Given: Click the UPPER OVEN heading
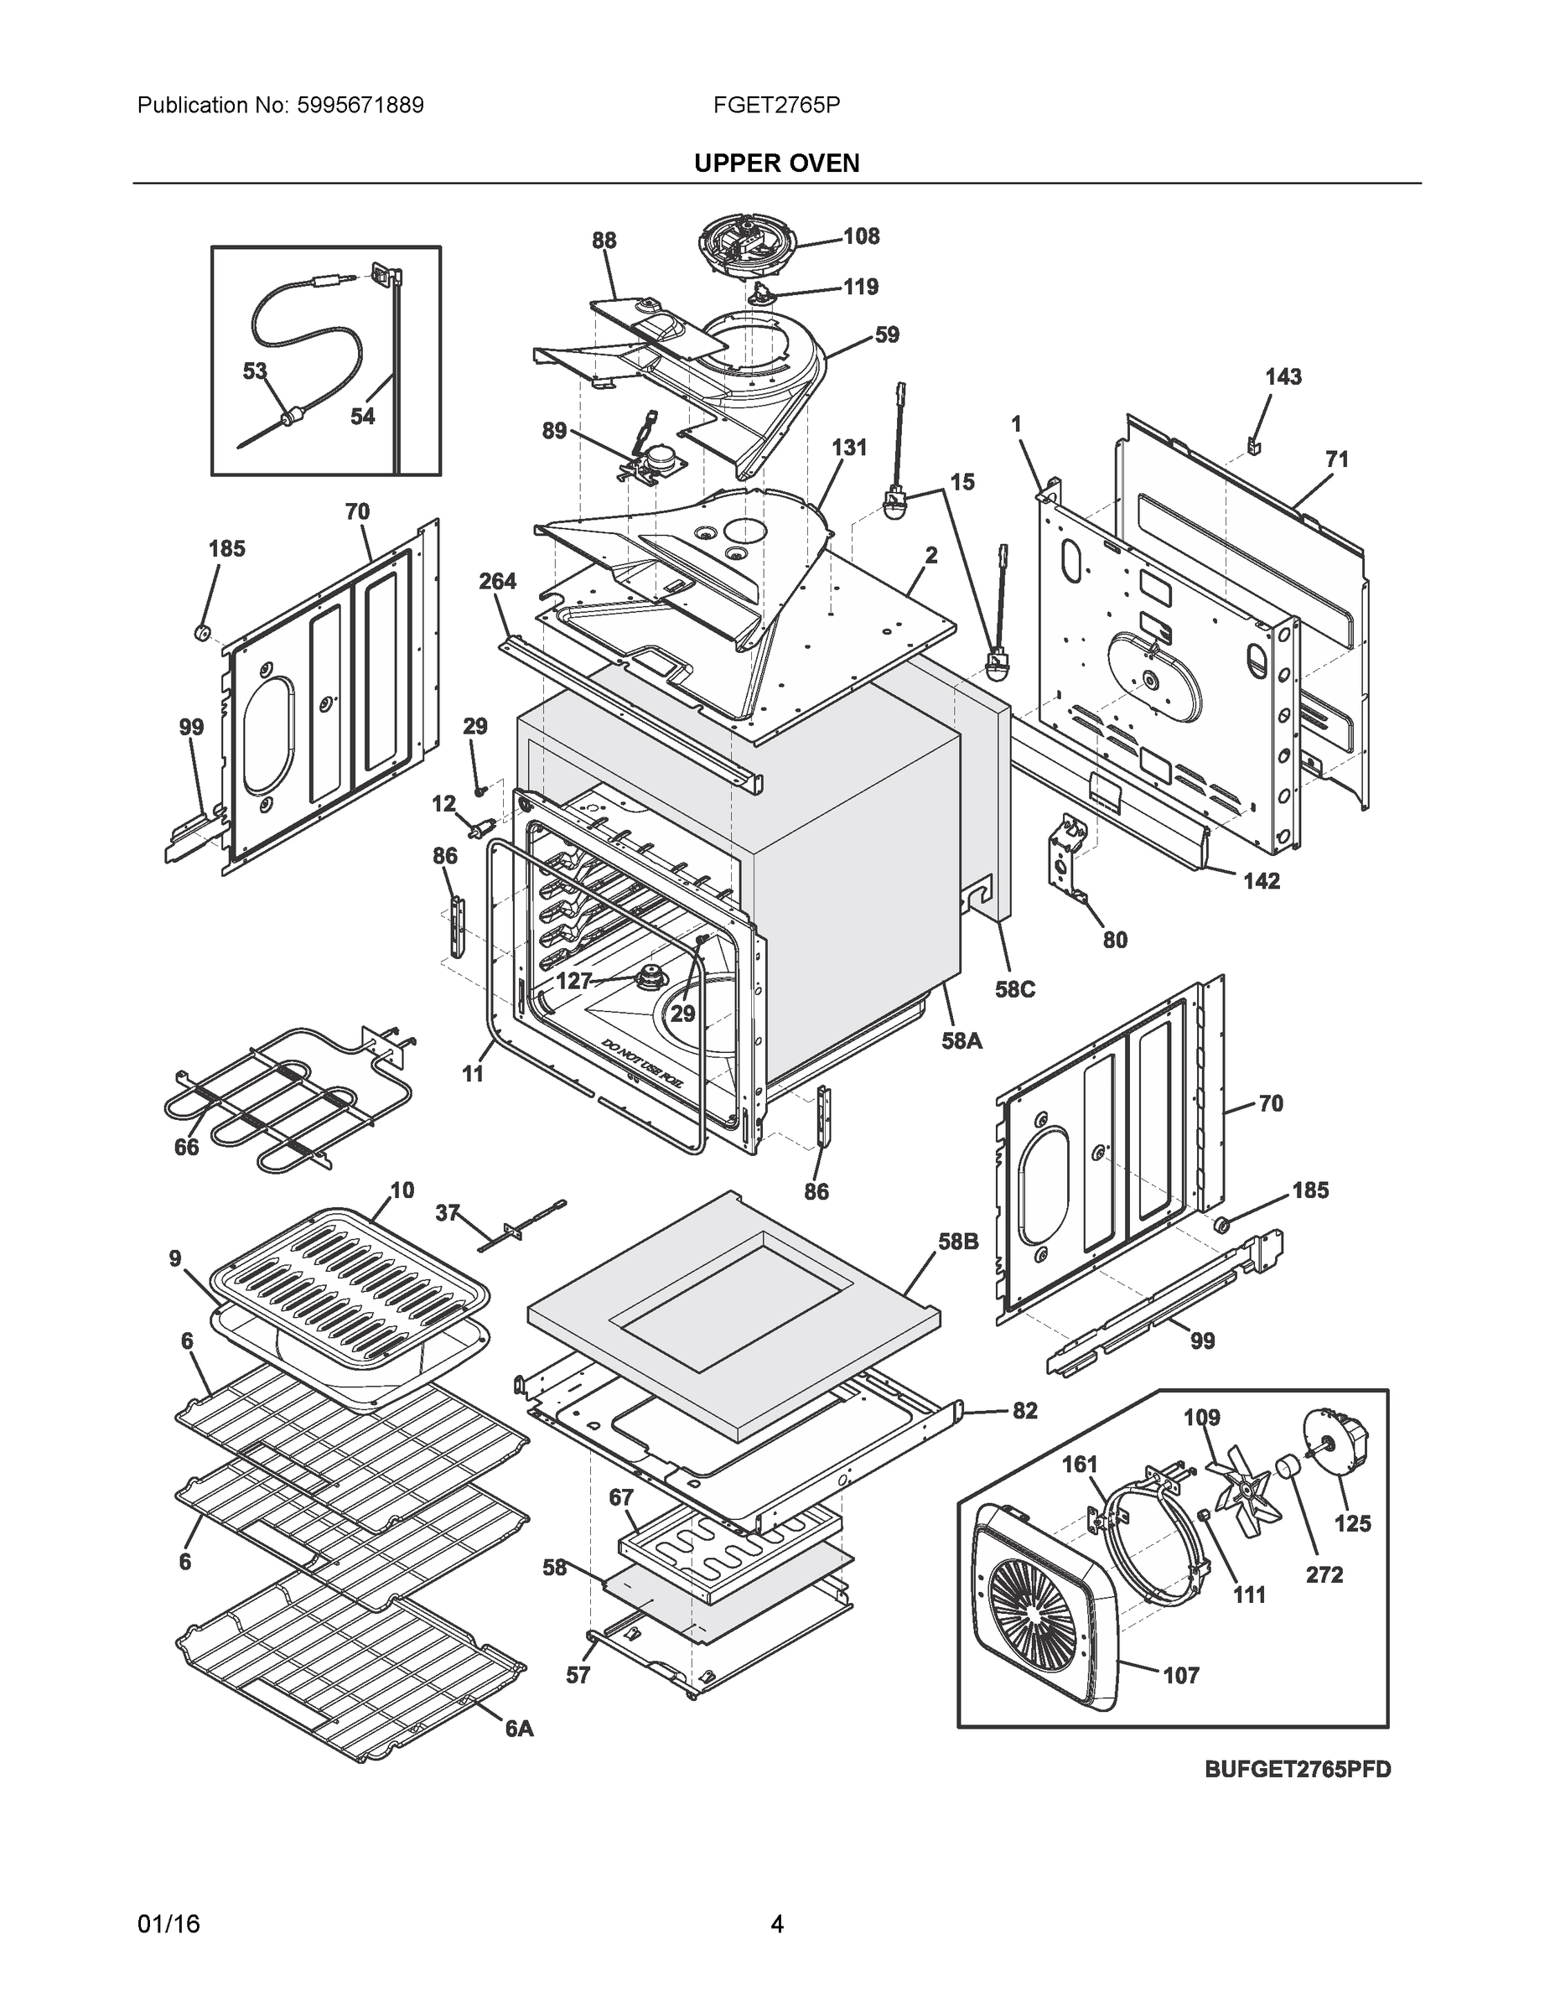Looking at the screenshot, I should (x=775, y=163).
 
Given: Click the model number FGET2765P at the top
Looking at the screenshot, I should (x=775, y=106).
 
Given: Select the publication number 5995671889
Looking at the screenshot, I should (x=360, y=106).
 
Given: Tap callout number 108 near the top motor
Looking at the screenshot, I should (x=862, y=236).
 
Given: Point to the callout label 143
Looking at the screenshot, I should (x=1283, y=376).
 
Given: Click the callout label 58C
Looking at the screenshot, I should (x=1014, y=989).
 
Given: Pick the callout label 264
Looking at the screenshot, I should (x=497, y=581).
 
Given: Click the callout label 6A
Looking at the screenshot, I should (x=520, y=1729).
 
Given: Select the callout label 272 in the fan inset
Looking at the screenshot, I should (x=1324, y=1574).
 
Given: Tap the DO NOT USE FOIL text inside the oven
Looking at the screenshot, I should (x=642, y=1064).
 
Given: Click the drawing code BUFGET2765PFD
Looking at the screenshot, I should (x=1297, y=1770).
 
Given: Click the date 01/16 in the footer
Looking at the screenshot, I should (x=168, y=1925).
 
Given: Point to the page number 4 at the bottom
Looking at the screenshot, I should (x=776, y=1925).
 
